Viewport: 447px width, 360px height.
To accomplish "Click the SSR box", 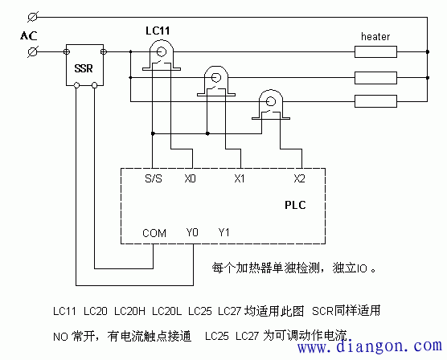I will pyautogui.click(x=84, y=67).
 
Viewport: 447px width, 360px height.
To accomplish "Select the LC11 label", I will pyautogui.click(x=158, y=31).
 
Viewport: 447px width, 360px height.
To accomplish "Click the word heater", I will pyautogui.click(x=375, y=37).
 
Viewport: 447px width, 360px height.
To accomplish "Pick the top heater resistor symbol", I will pyautogui.click(x=376, y=52).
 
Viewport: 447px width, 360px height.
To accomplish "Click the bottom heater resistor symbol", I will pyautogui.click(x=376, y=101).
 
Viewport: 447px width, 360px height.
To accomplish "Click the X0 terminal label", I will pyautogui.click(x=190, y=179).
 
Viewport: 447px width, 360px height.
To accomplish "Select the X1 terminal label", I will pyautogui.click(x=240, y=179).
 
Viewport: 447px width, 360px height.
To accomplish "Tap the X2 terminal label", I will pyautogui.click(x=299, y=179).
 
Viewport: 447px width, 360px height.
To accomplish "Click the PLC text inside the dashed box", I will pyautogui.click(x=295, y=206).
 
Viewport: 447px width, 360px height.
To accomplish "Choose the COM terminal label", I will pyautogui.click(x=154, y=234).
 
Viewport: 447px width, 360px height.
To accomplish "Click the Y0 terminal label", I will pyautogui.click(x=192, y=234).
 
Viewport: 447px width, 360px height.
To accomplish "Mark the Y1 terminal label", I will pyautogui.click(x=225, y=234).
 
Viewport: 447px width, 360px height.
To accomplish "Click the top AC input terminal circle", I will pyautogui.click(x=32, y=17).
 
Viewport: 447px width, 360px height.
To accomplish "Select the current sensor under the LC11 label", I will pyautogui.click(x=162, y=53).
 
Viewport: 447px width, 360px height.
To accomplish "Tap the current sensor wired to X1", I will pyautogui.click(x=215, y=79).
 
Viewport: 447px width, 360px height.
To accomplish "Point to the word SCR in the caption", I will pyautogui.click(x=322, y=309).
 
